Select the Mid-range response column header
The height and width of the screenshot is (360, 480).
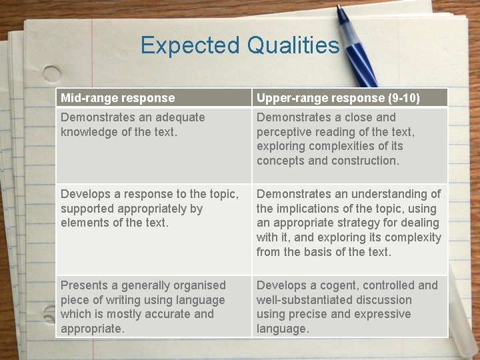117,98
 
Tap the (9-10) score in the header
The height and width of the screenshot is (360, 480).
404,98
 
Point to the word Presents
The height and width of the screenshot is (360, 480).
83,285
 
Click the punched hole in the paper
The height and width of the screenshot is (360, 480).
52,74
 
